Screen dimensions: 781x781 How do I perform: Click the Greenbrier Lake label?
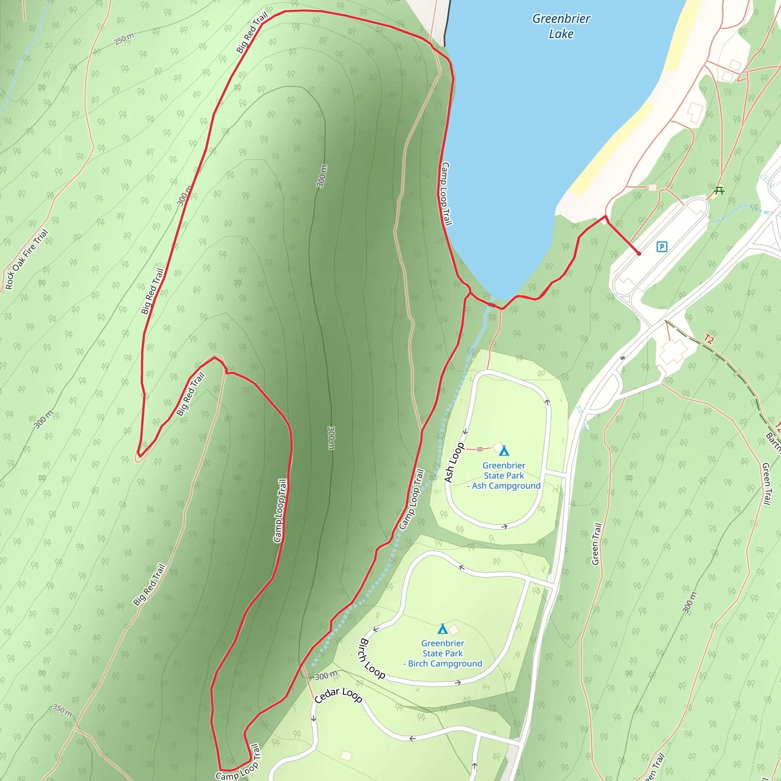coord(561,26)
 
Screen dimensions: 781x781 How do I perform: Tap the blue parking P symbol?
coord(662,247)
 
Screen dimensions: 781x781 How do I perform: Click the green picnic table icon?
coord(719,190)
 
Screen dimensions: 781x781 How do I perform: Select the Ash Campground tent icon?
coord(504,451)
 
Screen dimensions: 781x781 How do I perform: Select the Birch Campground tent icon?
coord(443,629)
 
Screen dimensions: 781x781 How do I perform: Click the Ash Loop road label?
coord(454,463)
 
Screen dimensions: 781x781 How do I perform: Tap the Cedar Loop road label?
coord(338,695)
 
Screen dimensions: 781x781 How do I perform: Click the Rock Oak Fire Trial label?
coord(27,260)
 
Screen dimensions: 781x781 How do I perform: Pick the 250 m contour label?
coord(124,39)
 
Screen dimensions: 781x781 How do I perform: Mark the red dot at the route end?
coord(639,254)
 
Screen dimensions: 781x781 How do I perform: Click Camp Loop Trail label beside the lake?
coord(446,194)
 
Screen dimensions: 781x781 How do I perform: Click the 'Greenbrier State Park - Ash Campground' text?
coord(504,476)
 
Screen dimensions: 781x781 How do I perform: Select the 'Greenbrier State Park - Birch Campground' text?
coord(443,653)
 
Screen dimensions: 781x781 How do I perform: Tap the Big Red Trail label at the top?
coord(252,33)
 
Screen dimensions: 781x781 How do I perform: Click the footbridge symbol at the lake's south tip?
coord(492,304)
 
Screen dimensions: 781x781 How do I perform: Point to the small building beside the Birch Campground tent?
coord(454,630)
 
